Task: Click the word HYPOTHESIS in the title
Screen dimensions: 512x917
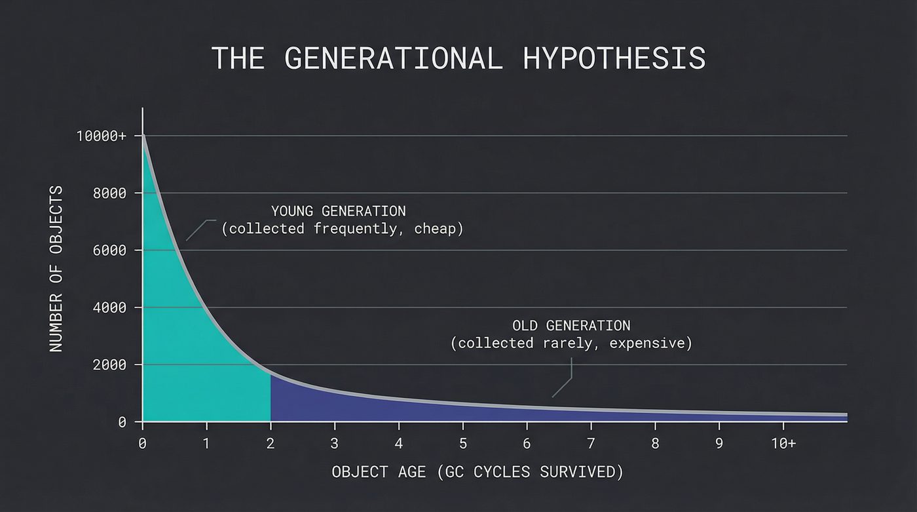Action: (x=614, y=58)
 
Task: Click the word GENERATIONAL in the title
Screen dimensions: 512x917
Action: (x=394, y=58)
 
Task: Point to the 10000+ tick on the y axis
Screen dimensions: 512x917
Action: (x=101, y=136)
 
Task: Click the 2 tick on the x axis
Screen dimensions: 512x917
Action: (x=270, y=443)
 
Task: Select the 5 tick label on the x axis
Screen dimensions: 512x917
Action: (x=462, y=443)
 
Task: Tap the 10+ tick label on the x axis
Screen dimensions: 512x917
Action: (x=783, y=443)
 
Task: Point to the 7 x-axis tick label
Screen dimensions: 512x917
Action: (x=591, y=443)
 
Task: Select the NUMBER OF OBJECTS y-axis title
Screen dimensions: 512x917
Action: (x=56, y=269)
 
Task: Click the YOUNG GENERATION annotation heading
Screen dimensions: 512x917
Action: (x=338, y=211)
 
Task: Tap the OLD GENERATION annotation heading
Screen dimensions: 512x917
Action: (x=571, y=326)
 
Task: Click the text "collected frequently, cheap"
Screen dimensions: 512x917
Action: (x=342, y=229)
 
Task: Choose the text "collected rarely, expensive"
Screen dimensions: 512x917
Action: (x=571, y=344)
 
